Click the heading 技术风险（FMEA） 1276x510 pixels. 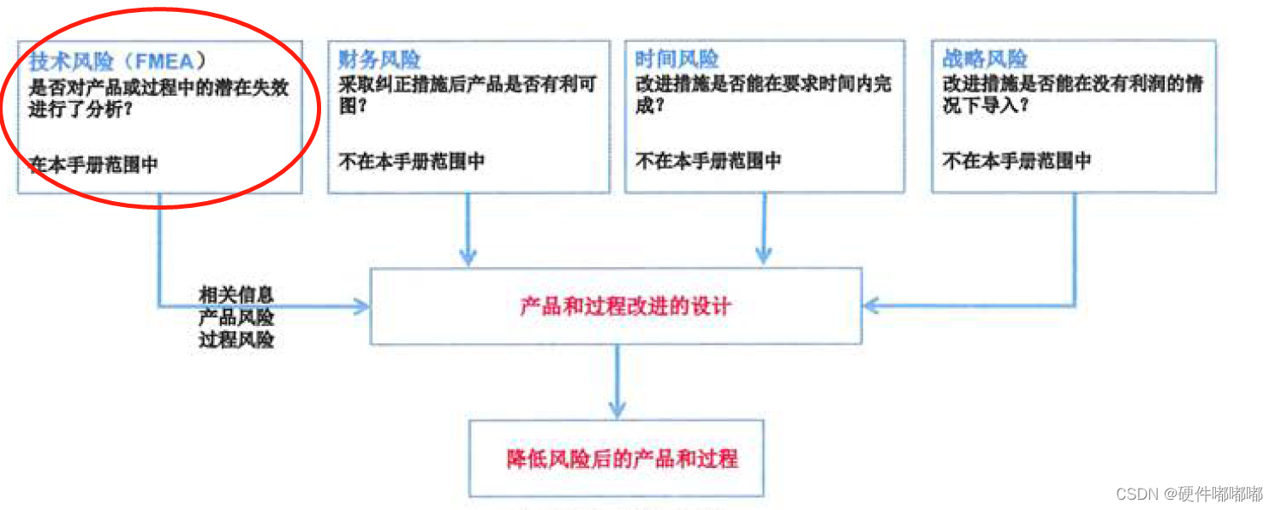[117, 62]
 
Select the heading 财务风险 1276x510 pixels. [379, 60]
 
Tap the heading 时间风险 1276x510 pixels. [677, 60]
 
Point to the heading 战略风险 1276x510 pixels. [984, 60]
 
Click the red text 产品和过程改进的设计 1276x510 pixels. [625, 306]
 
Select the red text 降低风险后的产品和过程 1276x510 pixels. [622, 459]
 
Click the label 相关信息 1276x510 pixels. [236, 295]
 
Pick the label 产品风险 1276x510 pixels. [236, 317]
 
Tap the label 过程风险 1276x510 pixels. [236, 339]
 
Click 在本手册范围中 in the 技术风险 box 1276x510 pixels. [93, 164]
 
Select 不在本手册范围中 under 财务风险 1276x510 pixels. [411, 161]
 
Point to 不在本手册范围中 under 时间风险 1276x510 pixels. [708, 161]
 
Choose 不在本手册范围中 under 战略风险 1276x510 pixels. [1017, 161]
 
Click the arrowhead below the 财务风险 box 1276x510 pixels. [468, 255]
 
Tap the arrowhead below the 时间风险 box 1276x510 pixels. [764, 255]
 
